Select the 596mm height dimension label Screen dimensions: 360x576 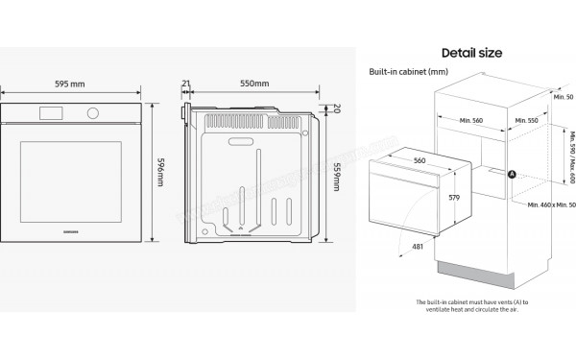(x=160, y=172)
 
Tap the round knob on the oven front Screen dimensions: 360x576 (x=93, y=113)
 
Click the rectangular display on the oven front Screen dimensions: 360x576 (x=51, y=113)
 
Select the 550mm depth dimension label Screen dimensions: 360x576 (x=253, y=84)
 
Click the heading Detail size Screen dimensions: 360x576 (x=471, y=52)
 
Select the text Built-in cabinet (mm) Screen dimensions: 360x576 (x=409, y=72)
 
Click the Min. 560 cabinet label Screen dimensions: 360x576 (x=470, y=120)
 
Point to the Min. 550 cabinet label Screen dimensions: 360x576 (x=525, y=120)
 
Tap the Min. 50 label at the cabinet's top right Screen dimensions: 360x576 (x=564, y=97)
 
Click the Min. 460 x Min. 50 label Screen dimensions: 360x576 (x=551, y=204)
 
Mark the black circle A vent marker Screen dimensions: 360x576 (x=511, y=174)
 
